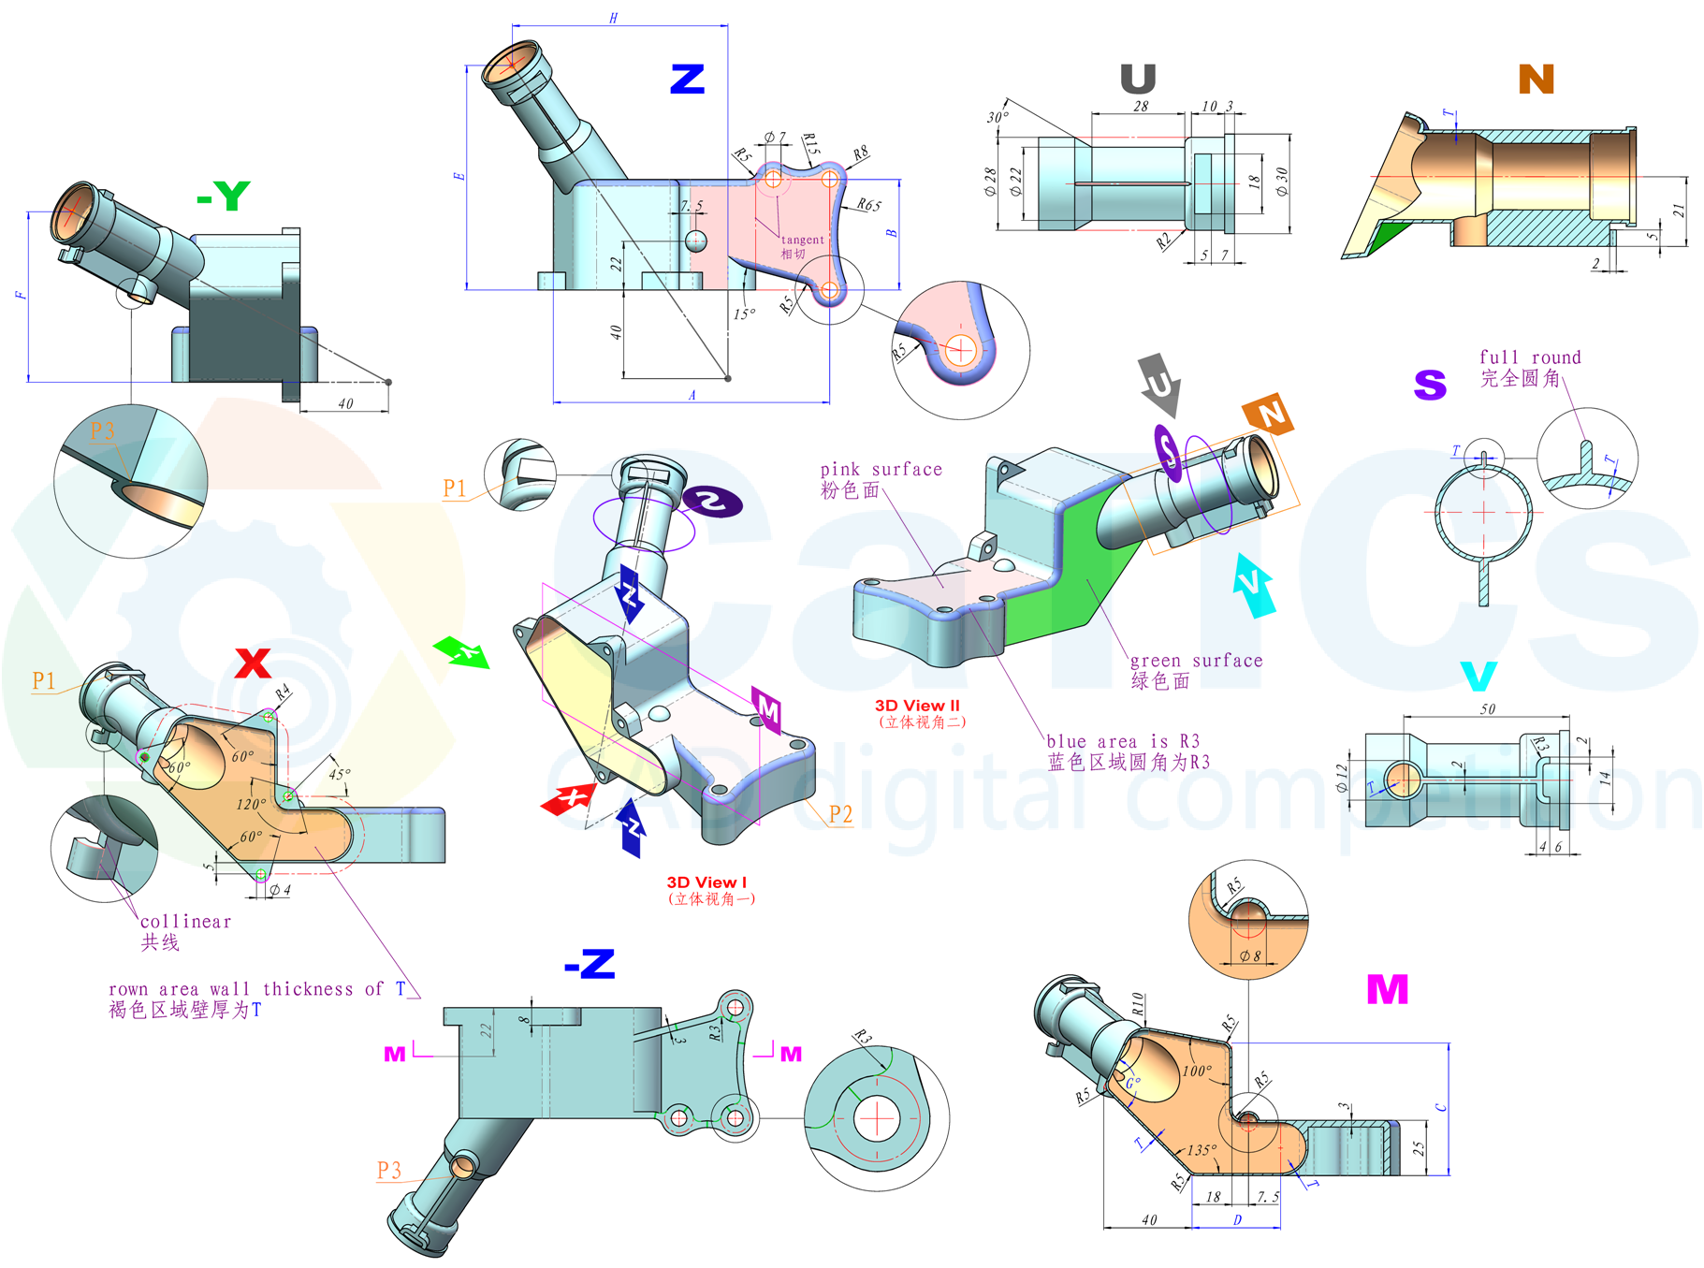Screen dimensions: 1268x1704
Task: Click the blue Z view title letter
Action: click(687, 79)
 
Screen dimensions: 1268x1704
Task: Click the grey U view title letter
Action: click(1138, 79)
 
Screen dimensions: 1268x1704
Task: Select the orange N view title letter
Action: click(1536, 80)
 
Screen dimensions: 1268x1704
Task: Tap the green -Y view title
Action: click(224, 196)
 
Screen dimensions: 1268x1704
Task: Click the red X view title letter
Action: click(253, 663)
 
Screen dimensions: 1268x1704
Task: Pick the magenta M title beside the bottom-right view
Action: click(1387, 989)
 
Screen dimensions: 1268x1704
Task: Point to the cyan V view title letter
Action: click(1478, 676)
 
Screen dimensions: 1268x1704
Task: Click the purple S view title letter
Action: click(1430, 385)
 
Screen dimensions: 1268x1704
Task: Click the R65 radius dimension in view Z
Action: click(868, 205)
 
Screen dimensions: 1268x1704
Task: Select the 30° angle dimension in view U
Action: click(998, 117)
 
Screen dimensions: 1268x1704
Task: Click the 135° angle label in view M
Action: click(1202, 1150)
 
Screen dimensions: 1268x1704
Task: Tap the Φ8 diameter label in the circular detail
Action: click(1250, 955)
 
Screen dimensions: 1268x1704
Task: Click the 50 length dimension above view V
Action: click(1487, 709)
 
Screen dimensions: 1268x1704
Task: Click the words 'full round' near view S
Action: click(1529, 357)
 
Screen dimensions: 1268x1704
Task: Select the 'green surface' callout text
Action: click(1196, 661)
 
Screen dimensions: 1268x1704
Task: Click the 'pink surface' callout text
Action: click(881, 469)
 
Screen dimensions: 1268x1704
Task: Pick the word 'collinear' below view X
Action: click(185, 922)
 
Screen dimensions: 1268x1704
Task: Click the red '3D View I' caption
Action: click(706, 882)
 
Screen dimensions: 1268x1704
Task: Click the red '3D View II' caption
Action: click(917, 706)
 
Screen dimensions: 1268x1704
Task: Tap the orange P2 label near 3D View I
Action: click(840, 814)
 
